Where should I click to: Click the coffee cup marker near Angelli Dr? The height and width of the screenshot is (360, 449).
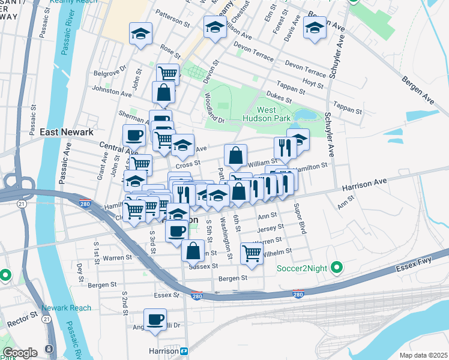pos(155,319)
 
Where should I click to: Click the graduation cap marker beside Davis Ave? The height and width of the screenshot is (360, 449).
pos(315,28)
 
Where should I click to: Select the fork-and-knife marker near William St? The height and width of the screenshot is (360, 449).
pos(283,147)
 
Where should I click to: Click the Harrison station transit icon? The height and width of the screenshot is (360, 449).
pos(184,350)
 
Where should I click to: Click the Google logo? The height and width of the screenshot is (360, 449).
pos(20,353)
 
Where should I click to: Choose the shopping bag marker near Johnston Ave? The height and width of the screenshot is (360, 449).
pos(163,92)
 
